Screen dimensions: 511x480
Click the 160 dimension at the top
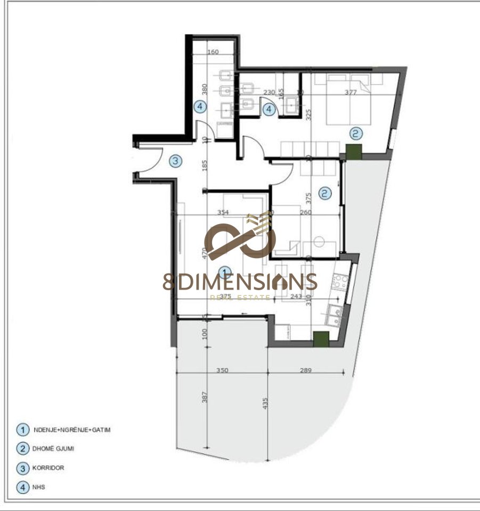click(x=213, y=52)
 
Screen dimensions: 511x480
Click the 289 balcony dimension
click(x=305, y=370)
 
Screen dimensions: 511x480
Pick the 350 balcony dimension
click(x=222, y=370)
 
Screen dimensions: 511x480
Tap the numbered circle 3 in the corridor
click(x=176, y=161)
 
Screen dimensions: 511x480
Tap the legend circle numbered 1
click(x=22, y=429)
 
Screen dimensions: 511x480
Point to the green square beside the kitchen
click(x=320, y=339)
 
